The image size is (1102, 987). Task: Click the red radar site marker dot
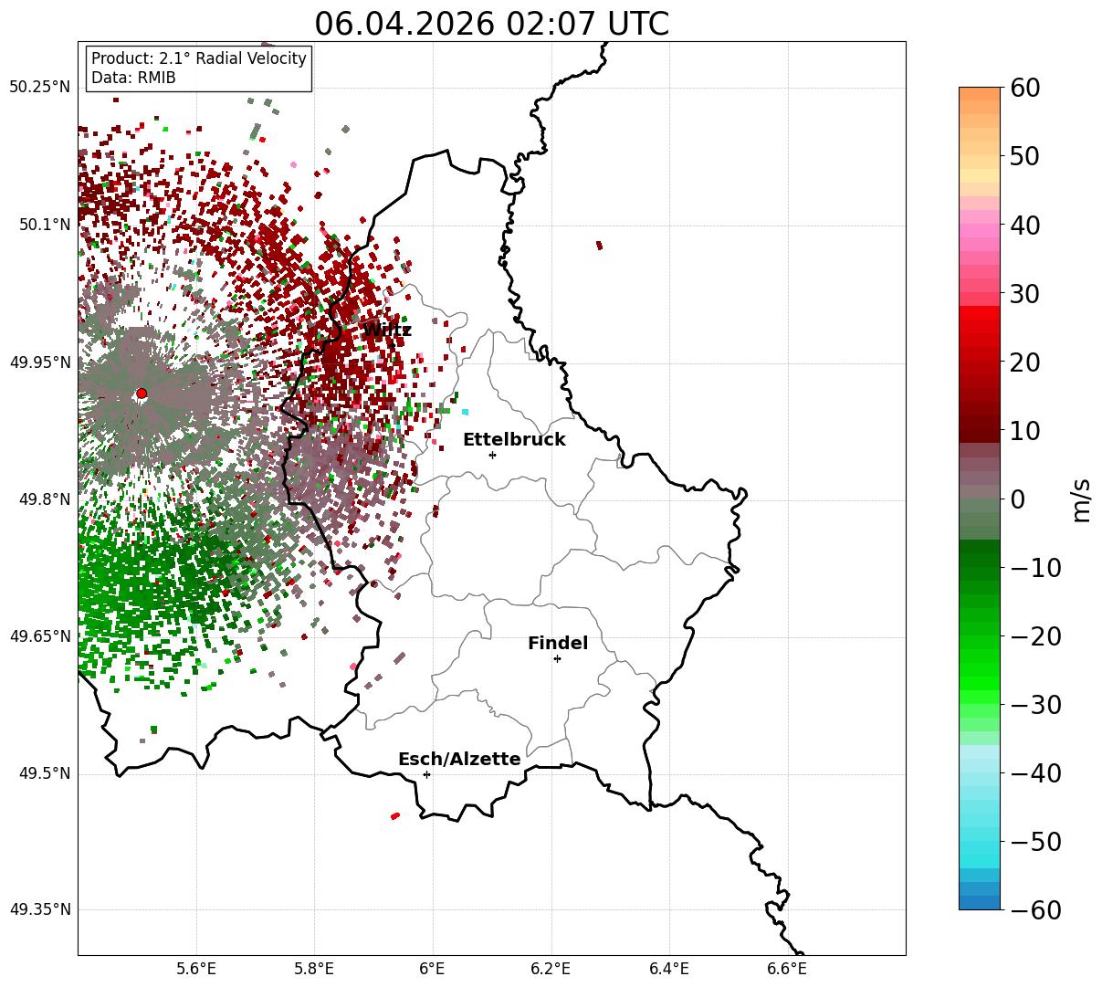142,394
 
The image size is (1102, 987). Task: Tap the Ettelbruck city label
514,439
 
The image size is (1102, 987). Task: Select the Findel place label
558,643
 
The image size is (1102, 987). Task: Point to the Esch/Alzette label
459,759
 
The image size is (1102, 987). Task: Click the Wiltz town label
387,330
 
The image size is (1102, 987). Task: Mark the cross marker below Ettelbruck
492,455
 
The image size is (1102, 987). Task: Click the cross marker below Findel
557,659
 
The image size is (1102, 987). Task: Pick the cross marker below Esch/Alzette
426,774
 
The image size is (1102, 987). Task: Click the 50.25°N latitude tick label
39,87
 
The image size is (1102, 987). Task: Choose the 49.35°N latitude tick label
39,909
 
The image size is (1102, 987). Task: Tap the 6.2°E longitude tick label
551,969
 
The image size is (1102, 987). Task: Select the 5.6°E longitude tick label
196,969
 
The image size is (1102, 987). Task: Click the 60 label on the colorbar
1024,88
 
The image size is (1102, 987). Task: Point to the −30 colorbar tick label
1035,705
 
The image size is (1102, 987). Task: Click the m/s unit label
1081,500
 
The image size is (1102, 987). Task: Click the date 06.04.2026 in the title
404,24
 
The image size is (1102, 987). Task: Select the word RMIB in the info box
157,78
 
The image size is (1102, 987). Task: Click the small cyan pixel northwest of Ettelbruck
465,412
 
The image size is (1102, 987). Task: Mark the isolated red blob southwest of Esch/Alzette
395,816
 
